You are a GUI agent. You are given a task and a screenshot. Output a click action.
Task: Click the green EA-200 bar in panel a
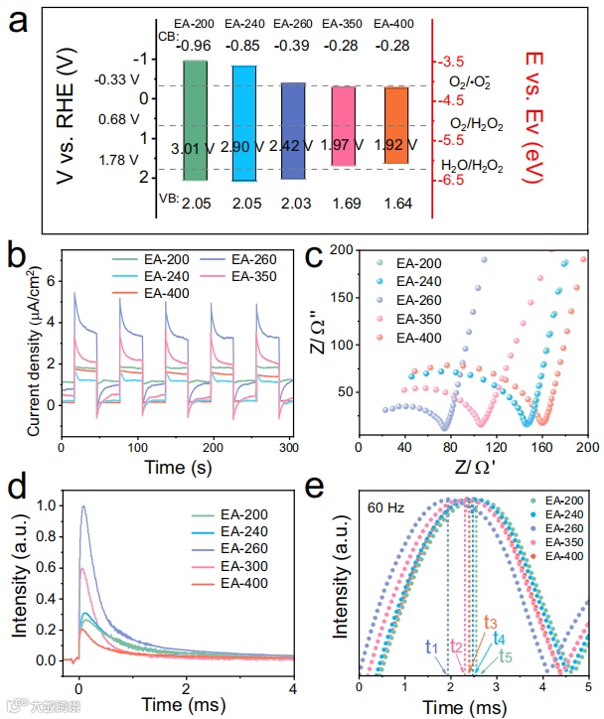pyautogui.click(x=195, y=119)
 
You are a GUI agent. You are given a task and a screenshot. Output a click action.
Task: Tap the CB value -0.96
pyautogui.click(x=195, y=44)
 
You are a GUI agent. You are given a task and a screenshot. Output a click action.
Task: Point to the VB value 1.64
pyautogui.click(x=396, y=205)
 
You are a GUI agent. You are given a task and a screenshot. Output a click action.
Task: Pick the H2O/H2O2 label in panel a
pyautogui.click(x=471, y=165)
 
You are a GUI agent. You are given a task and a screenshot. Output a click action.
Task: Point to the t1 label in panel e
pyautogui.click(x=431, y=646)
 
